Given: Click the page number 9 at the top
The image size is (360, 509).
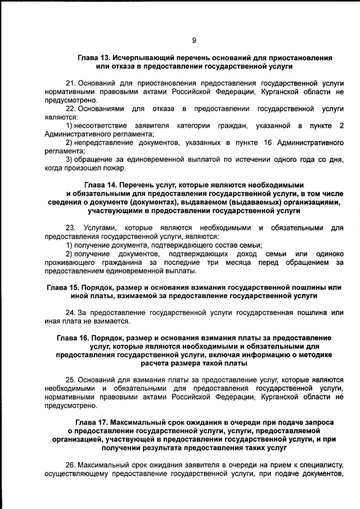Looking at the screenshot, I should pos(193,40).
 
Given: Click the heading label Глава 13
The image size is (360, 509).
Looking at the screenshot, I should pos(94,58).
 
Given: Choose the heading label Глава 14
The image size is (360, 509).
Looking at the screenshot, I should pos(102,184).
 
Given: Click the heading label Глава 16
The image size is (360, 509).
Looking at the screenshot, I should pos(75,338).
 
